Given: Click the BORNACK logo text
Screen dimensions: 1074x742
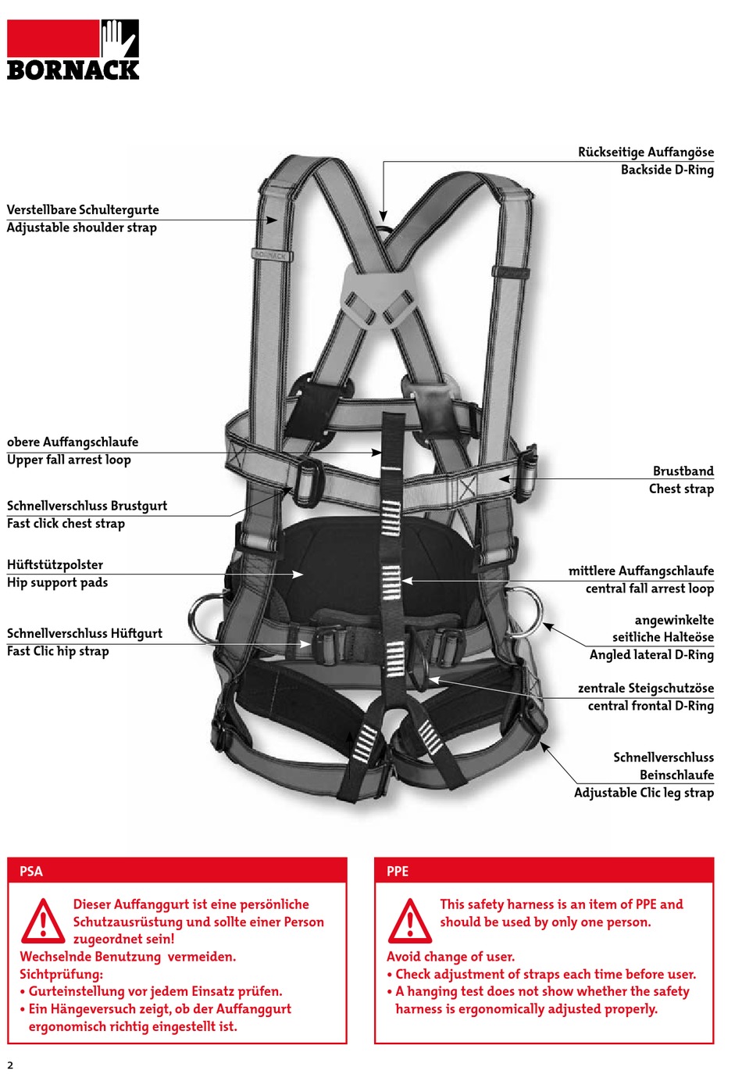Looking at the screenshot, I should point(73,70).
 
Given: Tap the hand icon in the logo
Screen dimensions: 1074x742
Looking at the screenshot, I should point(119,38).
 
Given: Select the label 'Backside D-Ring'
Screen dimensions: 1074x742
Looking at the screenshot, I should point(666,170).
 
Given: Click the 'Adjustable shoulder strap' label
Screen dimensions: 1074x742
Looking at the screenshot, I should point(82,227).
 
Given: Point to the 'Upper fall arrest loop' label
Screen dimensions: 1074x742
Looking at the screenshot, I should point(69,460).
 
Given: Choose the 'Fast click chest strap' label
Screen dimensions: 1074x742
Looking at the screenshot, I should point(66,524).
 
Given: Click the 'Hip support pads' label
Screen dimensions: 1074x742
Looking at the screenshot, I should point(57,582).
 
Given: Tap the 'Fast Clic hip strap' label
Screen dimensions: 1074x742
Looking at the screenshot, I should point(58,651).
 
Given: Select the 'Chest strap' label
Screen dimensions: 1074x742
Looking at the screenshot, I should point(680,489).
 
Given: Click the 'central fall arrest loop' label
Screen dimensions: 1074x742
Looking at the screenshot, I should point(649,589).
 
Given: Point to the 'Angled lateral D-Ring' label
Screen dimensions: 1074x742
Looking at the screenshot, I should point(651,655).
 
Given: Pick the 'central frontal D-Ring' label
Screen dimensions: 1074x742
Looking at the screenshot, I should point(650,706).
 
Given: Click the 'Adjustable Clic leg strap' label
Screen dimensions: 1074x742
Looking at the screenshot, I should point(643,793).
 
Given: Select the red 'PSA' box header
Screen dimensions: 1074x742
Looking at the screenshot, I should point(177,871).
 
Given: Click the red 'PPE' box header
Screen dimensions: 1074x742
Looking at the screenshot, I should point(544,871).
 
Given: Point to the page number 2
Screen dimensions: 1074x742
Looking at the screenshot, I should point(10,1065).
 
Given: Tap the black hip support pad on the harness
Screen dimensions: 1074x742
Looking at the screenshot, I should point(344,563).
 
